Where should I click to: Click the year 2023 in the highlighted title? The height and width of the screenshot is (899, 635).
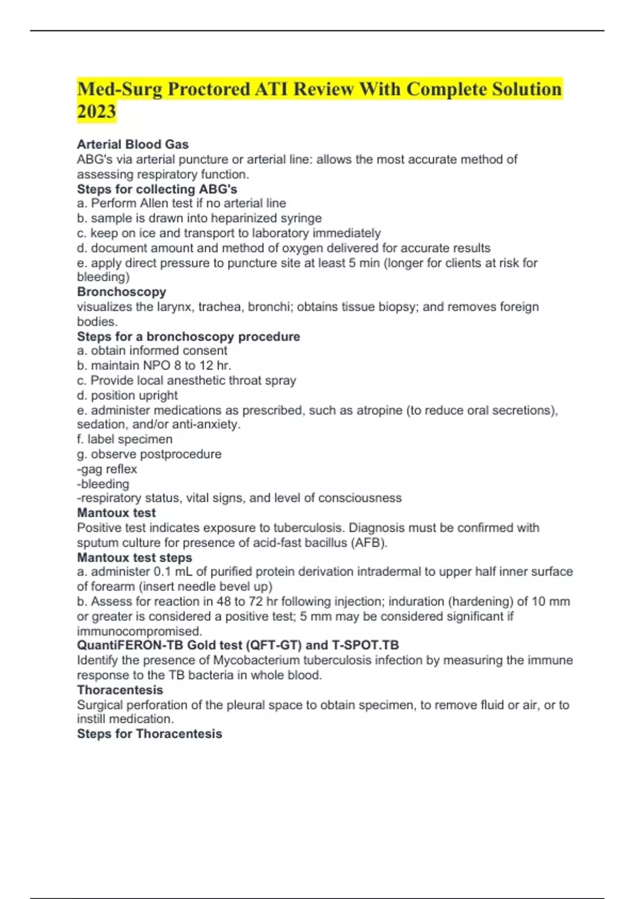[x=96, y=112]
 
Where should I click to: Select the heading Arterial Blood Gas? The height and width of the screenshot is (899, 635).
[x=133, y=144]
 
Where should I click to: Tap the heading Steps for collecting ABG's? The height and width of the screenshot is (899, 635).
[x=157, y=189]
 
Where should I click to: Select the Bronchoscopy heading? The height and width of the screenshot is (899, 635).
[x=122, y=292]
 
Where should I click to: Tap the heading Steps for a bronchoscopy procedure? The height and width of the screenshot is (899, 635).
[x=188, y=336]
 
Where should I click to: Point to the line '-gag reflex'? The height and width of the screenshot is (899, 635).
[x=107, y=469]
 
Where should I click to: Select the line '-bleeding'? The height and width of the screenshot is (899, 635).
[x=103, y=484]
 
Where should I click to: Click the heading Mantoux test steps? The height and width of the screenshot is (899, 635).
[x=134, y=557]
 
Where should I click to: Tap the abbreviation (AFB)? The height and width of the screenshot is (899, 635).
[x=368, y=543]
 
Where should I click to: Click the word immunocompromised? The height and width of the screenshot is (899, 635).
[x=139, y=631]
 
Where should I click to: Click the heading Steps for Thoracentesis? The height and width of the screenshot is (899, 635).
[x=149, y=733]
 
